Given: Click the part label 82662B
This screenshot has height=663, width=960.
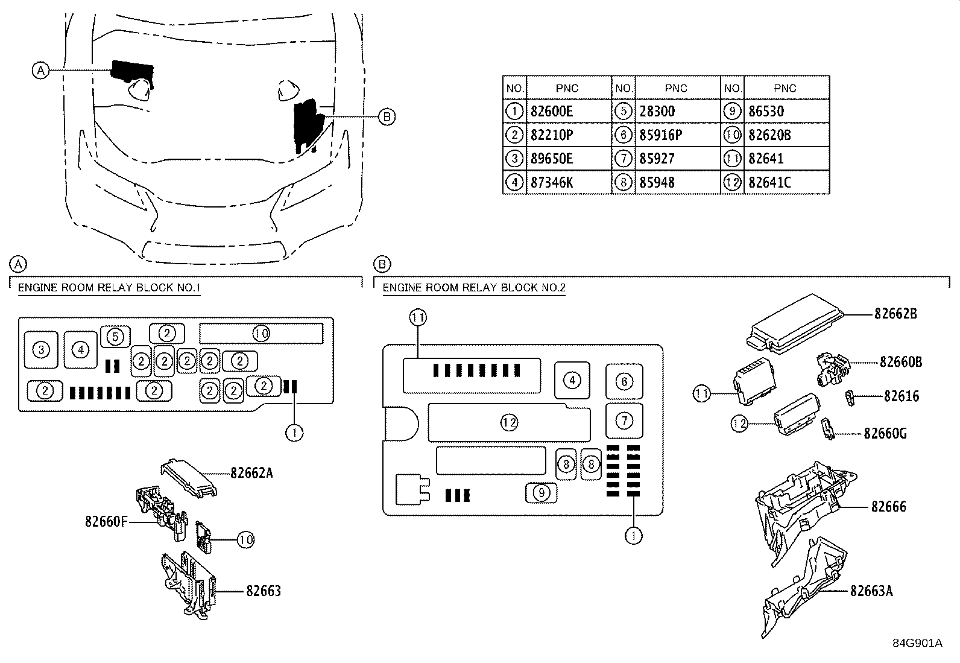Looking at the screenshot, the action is pyautogui.click(x=895, y=314).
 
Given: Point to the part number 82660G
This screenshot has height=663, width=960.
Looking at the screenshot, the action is pyautogui.click(x=885, y=434).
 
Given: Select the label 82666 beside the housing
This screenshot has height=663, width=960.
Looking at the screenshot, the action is pyautogui.click(x=888, y=507).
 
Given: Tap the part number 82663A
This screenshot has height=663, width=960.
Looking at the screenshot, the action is pyautogui.click(x=871, y=591).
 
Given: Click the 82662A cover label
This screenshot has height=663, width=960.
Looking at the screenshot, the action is pyautogui.click(x=251, y=473).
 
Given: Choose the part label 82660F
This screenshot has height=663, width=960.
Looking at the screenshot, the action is pyautogui.click(x=106, y=521).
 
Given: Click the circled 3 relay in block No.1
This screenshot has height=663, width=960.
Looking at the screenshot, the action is pyautogui.click(x=41, y=350).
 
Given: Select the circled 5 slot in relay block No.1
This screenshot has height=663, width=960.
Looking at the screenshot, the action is pyautogui.click(x=115, y=337).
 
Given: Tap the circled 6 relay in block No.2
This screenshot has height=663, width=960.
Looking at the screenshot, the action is pyautogui.click(x=624, y=382).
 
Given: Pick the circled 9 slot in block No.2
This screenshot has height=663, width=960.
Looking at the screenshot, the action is pyautogui.click(x=542, y=493).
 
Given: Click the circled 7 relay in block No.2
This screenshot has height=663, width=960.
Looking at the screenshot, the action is pyautogui.click(x=624, y=420).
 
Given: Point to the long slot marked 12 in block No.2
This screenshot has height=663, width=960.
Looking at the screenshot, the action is pyautogui.click(x=509, y=423).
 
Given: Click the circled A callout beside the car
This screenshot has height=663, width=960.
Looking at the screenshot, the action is pyautogui.click(x=41, y=71).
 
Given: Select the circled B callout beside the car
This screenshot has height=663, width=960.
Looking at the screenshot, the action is pyautogui.click(x=387, y=116).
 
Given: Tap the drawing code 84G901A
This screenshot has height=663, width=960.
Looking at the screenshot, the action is pyautogui.click(x=918, y=643).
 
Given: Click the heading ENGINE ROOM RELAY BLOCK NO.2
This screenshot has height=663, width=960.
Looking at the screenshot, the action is pyautogui.click(x=474, y=288).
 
